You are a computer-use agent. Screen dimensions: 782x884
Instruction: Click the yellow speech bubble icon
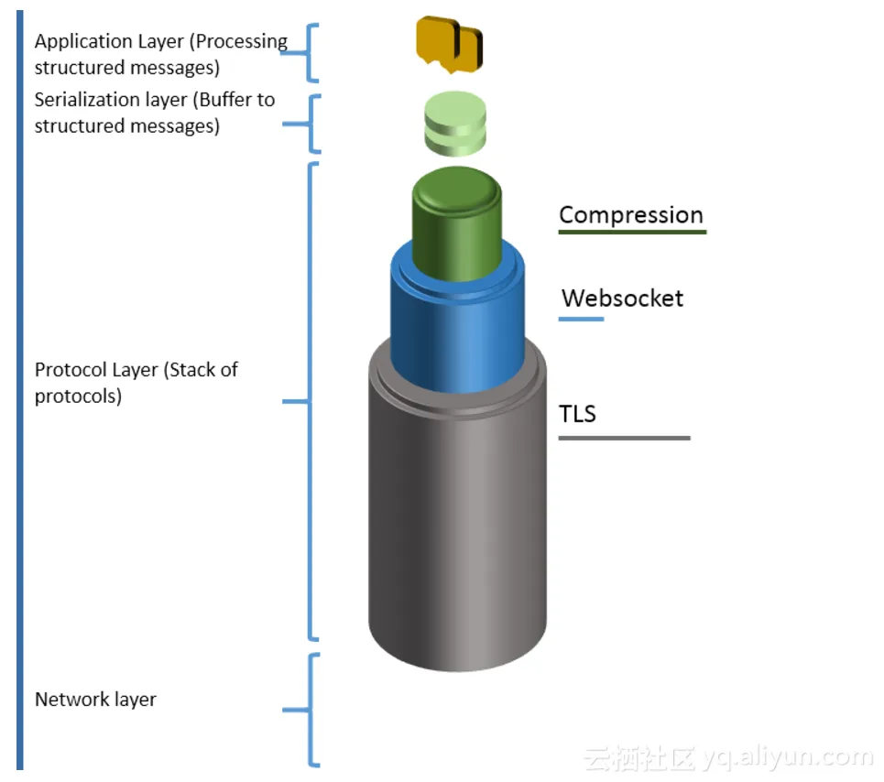click(449, 44)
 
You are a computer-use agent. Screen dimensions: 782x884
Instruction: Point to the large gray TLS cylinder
click(457, 513)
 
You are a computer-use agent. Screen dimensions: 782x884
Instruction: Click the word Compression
click(631, 215)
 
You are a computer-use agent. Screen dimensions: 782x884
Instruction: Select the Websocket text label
click(622, 298)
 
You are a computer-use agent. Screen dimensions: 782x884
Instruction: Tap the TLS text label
click(577, 414)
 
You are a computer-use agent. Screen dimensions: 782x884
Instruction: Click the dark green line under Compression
click(632, 233)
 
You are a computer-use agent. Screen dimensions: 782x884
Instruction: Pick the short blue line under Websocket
click(581, 319)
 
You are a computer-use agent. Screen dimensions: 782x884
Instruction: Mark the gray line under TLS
click(624, 438)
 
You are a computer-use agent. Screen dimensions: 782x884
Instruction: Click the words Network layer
click(95, 700)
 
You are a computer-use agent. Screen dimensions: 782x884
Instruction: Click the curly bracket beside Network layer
click(309, 710)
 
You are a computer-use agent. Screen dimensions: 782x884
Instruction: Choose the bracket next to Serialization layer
click(311, 124)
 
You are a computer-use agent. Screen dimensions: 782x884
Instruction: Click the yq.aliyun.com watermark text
click(788, 757)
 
